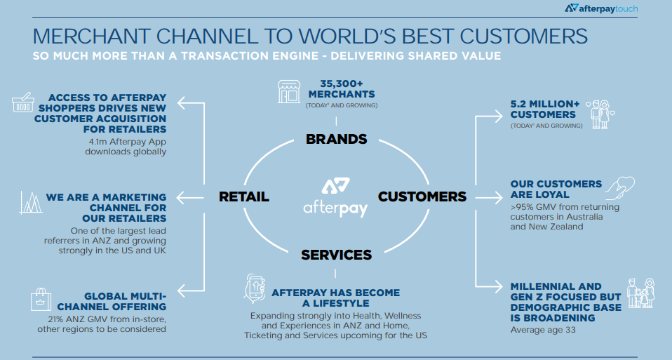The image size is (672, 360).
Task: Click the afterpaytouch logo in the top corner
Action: point(601,8)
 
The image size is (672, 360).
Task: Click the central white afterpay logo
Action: point(335,198)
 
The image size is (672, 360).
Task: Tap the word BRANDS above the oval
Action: point(337,139)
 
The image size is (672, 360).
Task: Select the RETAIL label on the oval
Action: point(244,196)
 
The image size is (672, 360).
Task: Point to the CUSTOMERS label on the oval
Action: point(422,196)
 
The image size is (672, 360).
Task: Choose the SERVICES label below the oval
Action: point(336,255)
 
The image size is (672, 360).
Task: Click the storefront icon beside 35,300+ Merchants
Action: point(289,92)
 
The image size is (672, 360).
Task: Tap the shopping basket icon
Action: point(22,102)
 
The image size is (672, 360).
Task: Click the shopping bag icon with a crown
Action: point(41,299)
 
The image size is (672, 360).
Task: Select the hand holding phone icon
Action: point(254,289)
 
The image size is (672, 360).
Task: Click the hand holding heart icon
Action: point(621,188)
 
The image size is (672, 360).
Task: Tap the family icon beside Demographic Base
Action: point(640,293)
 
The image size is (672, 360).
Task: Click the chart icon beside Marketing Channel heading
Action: point(31,202)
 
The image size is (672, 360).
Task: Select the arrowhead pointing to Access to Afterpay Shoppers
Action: point(182,103)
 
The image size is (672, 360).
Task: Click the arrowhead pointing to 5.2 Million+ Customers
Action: point(498,116)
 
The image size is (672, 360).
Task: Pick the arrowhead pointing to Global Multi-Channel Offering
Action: point(182,291)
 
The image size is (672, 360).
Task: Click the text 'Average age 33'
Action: point(543,330)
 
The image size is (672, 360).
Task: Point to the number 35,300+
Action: point(342,84)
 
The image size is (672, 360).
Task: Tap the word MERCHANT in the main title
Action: point(91,36)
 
